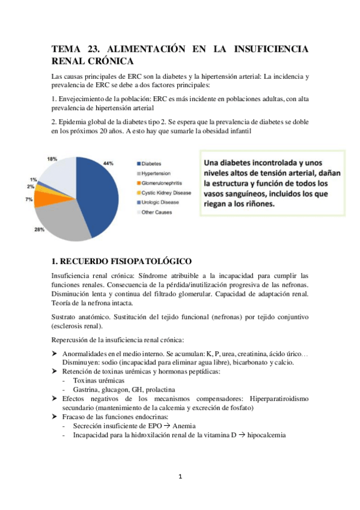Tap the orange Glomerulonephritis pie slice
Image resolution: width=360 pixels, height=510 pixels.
tap(43, 198)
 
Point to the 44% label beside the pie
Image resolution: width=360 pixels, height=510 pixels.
tap(108, 163)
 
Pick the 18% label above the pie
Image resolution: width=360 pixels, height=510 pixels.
tap(52, 159)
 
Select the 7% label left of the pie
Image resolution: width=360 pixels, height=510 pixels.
tap(29, 199)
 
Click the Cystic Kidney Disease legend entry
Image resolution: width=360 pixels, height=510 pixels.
tap(167, 192)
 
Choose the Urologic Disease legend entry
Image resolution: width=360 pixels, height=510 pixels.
tap(161, 202)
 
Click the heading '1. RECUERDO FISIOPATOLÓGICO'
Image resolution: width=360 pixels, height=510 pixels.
tap(122, 261)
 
